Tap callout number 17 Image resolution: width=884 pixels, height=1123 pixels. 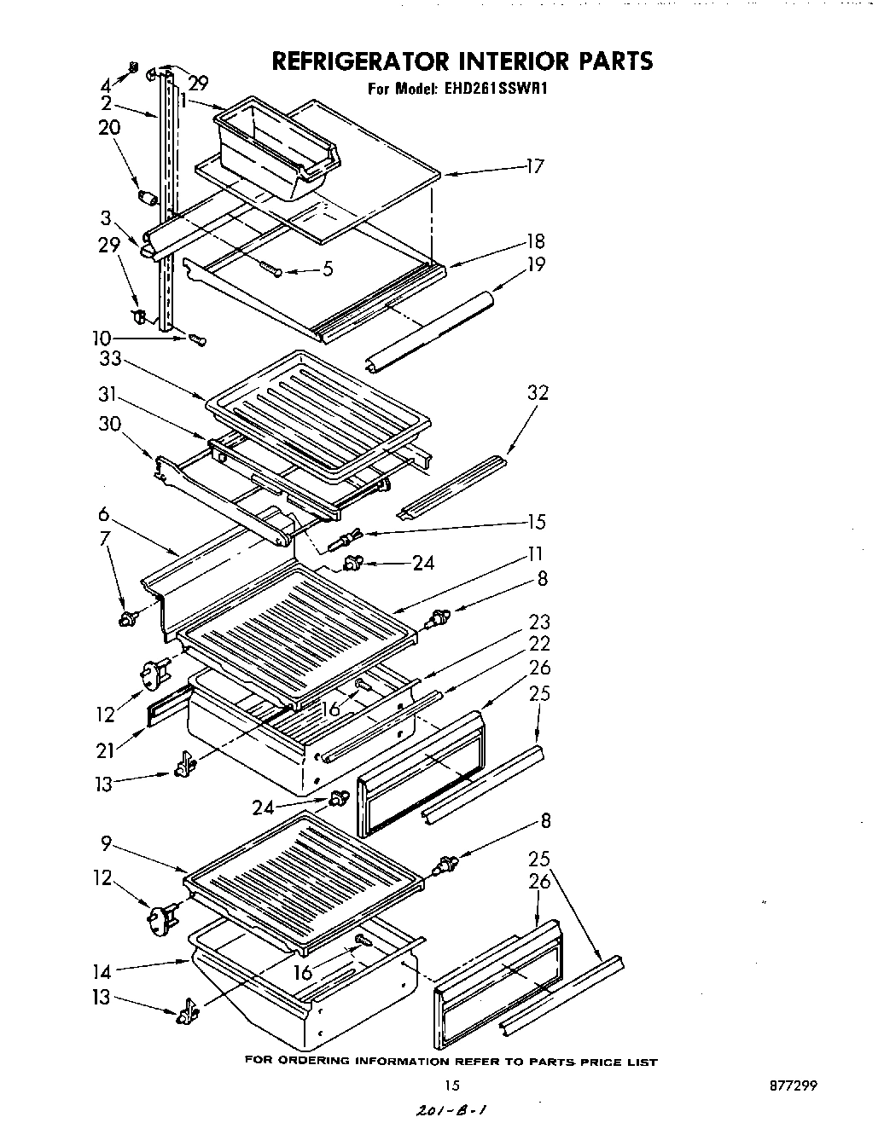coord(534,166)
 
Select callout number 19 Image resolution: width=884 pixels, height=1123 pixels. coord(536,264)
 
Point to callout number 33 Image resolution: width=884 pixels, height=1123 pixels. coord(110,360)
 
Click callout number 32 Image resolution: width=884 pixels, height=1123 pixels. coord(538,393)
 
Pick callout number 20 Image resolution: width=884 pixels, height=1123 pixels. coord(108,128)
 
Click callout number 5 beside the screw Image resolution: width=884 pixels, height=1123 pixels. coord(327,270)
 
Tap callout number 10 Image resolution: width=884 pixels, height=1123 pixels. coord(102,337)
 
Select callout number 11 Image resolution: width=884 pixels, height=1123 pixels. coord(535,554)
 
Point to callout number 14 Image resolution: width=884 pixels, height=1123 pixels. coord(102,970)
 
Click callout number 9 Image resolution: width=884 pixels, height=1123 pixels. coord(106,844)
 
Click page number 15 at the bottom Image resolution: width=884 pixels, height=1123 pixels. coord(452,1085)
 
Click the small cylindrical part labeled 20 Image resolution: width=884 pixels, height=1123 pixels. coord(149,198)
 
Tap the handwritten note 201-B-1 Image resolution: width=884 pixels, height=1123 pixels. coord(454,1109)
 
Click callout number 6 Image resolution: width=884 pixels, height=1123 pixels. coord(104,513)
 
